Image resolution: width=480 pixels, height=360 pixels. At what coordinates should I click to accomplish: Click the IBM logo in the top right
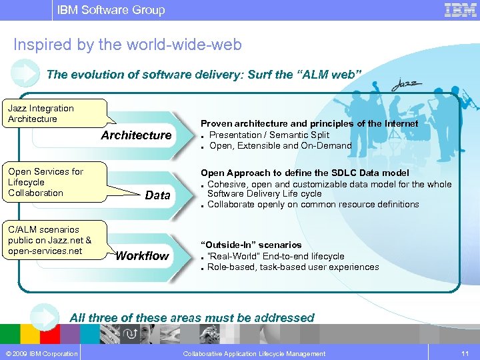pos(460,10)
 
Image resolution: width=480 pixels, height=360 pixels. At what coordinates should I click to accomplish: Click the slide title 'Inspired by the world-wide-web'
pos(127,45)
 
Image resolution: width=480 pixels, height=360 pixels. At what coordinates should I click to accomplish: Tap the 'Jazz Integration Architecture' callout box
pos(57,113)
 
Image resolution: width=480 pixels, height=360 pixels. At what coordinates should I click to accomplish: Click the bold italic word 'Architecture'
pos(136,135)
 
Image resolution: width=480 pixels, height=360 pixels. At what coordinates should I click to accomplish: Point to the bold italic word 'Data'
pos(157,195)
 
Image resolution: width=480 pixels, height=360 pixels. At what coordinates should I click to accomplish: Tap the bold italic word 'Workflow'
pos(142,256)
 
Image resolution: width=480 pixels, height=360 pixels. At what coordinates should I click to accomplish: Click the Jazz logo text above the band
pos(406,84)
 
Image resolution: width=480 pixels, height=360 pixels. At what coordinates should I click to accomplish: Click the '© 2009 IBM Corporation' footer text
pos(41,353)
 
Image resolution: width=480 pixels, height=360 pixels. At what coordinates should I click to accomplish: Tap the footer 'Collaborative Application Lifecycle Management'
pos(254,353)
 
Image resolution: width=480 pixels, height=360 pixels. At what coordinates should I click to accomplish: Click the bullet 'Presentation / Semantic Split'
pos(269,135)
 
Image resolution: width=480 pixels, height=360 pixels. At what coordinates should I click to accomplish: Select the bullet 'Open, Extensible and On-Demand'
pos(280,145)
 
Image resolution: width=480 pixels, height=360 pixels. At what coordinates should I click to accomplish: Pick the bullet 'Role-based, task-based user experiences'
pos(293,267)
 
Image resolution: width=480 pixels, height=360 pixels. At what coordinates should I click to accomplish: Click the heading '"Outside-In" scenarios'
pos(251,245)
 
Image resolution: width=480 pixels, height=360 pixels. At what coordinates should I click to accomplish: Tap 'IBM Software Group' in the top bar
pos(111,10)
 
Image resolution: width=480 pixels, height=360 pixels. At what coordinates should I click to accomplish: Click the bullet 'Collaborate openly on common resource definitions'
pos(313,204)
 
